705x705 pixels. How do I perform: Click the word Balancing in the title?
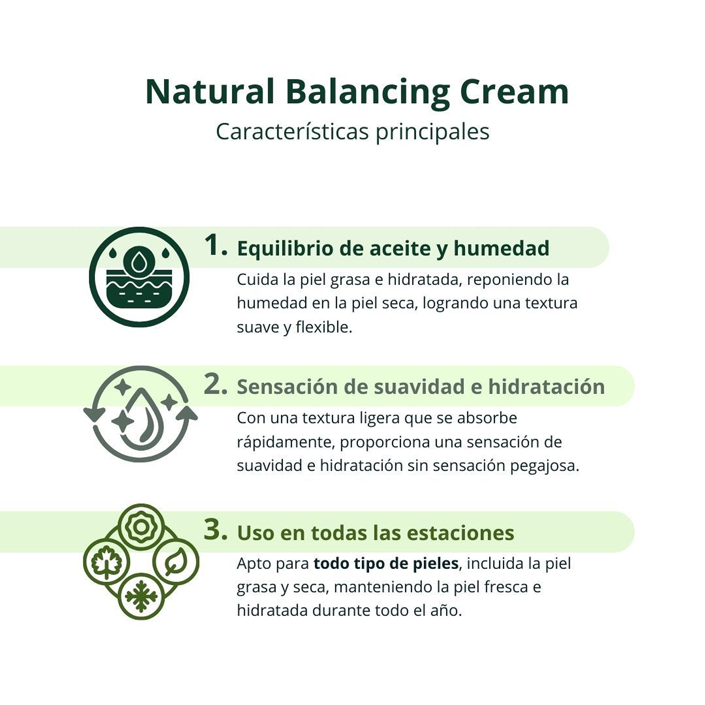click(x=367, y=92)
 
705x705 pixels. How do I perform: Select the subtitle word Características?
click(x=292, y=131)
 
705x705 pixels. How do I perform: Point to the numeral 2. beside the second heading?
click(x=215, y=385)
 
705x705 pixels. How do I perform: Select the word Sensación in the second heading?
click(x=286, y=387)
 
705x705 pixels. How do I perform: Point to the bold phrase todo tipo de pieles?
click(x=386, y=564)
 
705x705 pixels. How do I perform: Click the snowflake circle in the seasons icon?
click(x=141, y=596)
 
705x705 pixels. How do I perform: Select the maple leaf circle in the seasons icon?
click(x=106, y=562)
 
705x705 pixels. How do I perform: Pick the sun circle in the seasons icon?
click(x=141, y=527)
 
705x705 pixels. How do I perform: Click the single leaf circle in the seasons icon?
click(x=176, y=562)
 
